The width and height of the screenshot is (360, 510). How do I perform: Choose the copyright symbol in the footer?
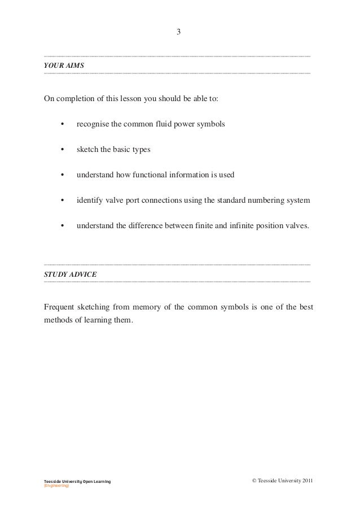(x=252, y=481)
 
